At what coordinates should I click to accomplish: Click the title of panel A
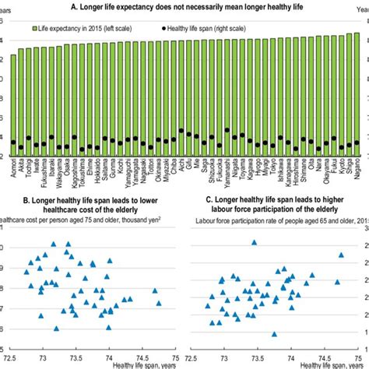pos(184,6)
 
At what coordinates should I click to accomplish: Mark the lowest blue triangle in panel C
pos(274,334)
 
